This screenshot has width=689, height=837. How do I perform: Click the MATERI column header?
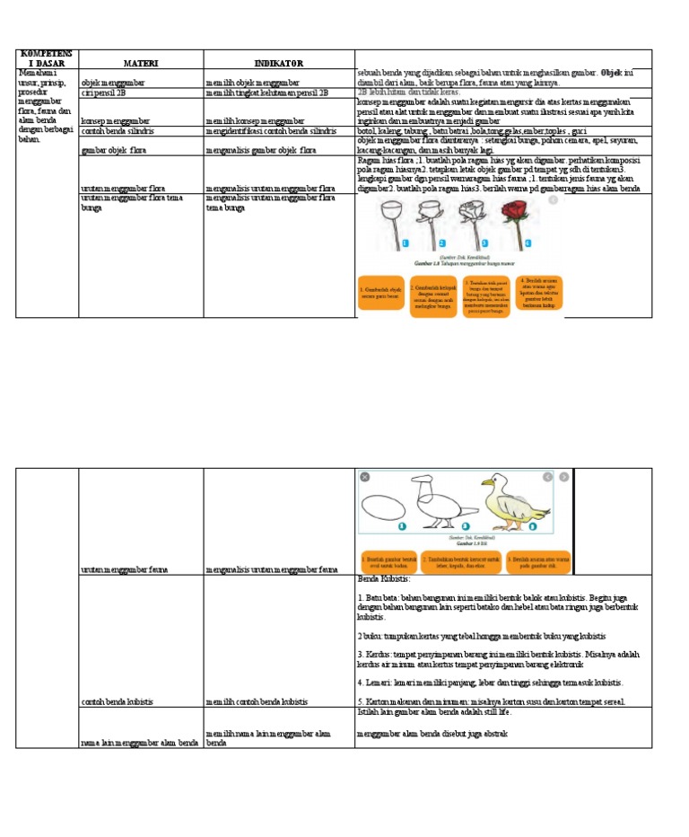tap(141, 63)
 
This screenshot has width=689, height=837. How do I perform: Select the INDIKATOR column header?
tap(278, 63)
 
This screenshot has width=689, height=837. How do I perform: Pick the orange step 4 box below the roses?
tap(539, 293)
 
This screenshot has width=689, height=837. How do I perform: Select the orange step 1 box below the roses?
tap(380, 293)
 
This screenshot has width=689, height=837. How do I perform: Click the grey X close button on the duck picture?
tap(365, 477)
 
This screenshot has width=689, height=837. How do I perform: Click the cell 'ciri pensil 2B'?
tap(103, 92)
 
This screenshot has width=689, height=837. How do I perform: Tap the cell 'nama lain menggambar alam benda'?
tap(139, 742)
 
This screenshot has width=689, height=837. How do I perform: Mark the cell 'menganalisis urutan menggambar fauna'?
tap(271, 569)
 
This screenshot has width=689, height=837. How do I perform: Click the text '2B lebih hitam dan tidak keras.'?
tap(408, 92)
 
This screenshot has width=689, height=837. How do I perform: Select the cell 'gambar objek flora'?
tap(112, 150)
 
